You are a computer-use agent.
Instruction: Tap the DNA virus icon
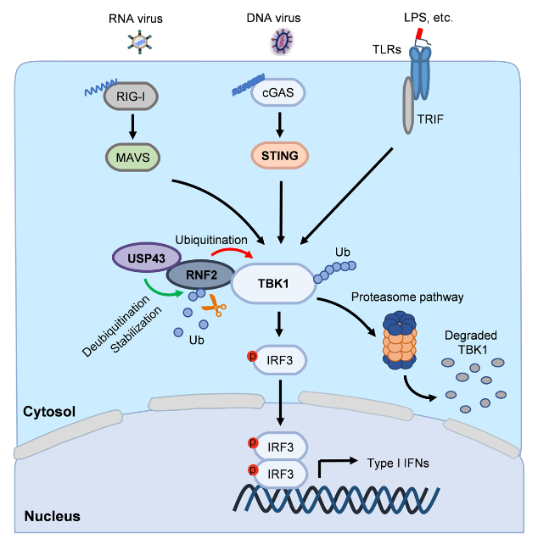(x=280, y=41)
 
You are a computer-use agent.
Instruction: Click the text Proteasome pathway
(x=412, y=296)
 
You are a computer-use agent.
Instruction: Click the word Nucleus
(x=51, y=515)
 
